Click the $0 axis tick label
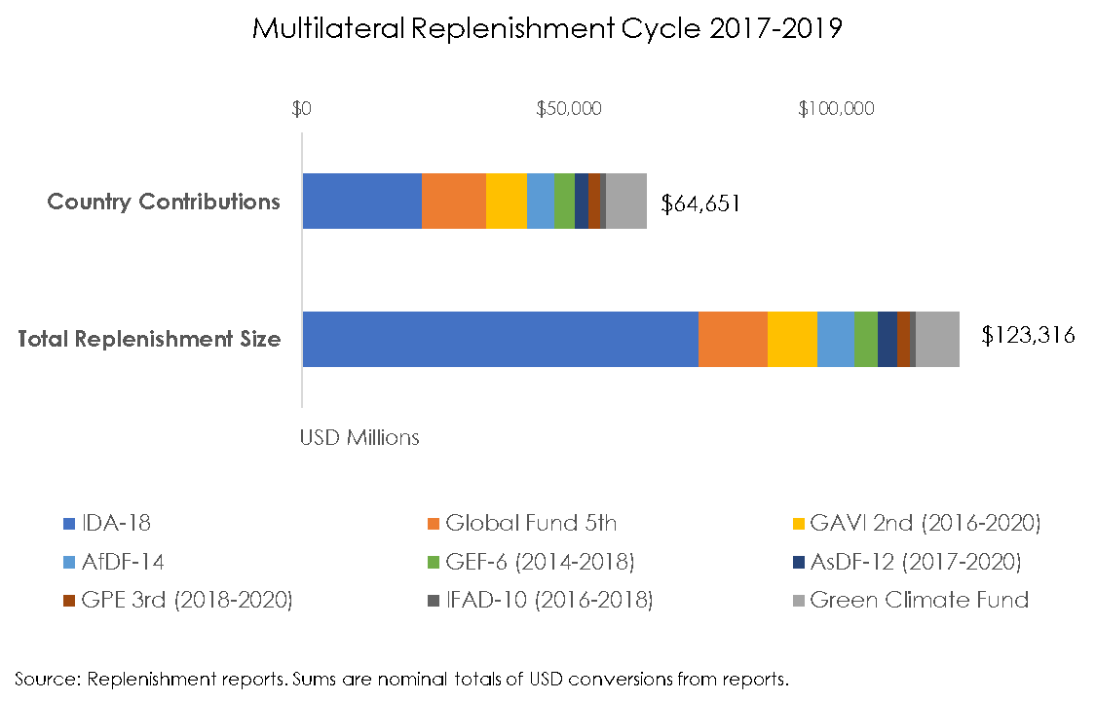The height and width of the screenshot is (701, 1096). [301, 108]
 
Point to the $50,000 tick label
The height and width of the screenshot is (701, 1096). [569, 108]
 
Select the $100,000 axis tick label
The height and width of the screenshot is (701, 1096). [836, 108]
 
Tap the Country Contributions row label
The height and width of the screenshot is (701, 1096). [164, 202]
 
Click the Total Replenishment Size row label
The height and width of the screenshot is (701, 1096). [150, 340]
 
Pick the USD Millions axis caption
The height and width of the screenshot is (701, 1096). [359, 437]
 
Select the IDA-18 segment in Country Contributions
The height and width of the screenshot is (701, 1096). [361, 202]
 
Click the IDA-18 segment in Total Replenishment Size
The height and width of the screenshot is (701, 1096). [500, 340]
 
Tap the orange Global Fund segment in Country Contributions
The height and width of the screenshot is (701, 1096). [454, 202]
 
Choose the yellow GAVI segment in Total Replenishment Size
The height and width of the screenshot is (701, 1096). [792, 340]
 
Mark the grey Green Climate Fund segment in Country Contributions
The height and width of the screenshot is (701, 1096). [626, 202]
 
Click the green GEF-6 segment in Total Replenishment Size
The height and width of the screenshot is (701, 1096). [866, 340]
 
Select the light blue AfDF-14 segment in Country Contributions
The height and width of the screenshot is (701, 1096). [541, 202]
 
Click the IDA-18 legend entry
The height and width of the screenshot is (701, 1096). [107, 523]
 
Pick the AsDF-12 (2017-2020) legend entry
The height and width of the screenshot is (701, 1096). [905, 562]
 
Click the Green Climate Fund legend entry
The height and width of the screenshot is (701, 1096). [908, 600]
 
